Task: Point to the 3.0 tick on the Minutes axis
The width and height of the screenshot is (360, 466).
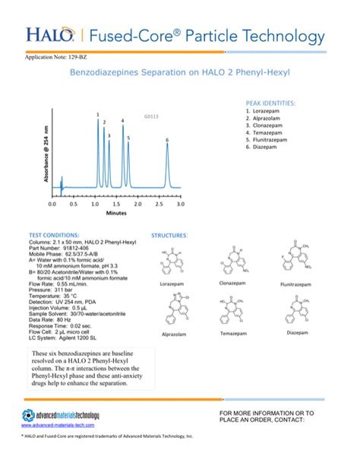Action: point(181,204)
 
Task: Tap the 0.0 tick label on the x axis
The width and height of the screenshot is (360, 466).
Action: point(52,204)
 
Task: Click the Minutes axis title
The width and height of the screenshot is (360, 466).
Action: point(116,214)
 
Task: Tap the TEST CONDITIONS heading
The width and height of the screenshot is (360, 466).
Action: point(54,236)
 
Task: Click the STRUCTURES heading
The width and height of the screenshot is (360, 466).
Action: point(169,236)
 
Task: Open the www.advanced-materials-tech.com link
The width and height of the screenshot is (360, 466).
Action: point(57,426)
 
